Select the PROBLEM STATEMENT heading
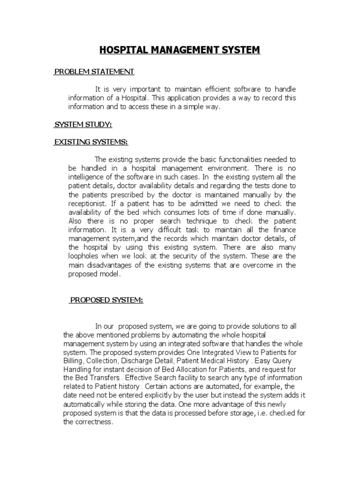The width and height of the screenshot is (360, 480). click(94, 71)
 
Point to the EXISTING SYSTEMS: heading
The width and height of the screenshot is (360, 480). click(91, 142)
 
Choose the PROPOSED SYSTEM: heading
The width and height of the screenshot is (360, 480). click(106, 300)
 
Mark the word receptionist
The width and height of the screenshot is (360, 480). click(87, 203)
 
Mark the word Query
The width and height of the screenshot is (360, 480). click(280, 360)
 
